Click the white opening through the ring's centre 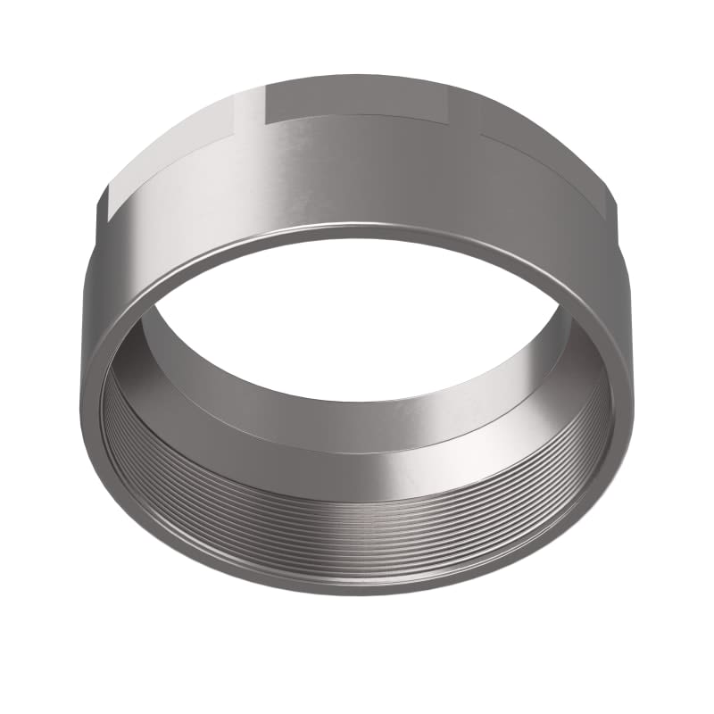[x=357, y=330]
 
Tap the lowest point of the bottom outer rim [x=357, y=595]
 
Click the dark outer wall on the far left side [x=98, y=295]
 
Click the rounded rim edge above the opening [x=357, y=237]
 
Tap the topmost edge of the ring [x=357, y=76]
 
